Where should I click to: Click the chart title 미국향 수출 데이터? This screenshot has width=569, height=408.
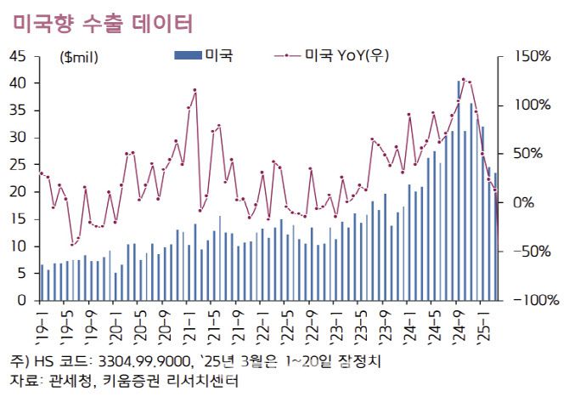103,23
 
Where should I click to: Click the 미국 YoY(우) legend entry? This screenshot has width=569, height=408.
332,56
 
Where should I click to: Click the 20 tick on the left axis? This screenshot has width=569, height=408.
20,192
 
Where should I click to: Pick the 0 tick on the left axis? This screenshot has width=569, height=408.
23,301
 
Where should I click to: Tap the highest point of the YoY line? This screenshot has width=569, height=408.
463,79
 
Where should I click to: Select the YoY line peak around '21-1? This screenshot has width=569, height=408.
194,90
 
